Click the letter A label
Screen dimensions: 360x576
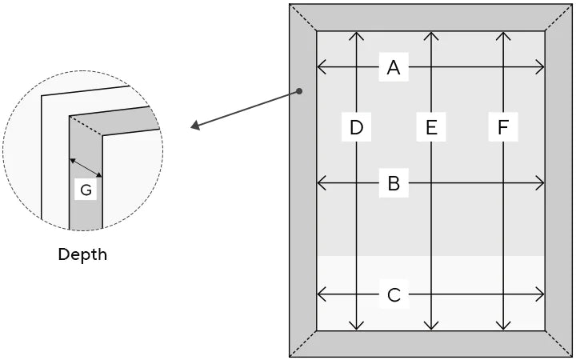click(393, 68)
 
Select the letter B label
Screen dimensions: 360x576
click(393, 184)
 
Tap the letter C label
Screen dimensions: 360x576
click(393, 295)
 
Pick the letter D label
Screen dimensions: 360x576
click(357, 127)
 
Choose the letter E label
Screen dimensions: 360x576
click(431, 127)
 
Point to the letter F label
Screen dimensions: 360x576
click(502, 127)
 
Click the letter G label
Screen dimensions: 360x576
click(86, 190)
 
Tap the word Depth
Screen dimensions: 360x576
click(82, 255)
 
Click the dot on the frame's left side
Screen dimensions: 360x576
click(299, 91)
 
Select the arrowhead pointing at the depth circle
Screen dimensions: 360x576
click(195, 126)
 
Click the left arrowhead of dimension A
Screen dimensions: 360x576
click(321, 68)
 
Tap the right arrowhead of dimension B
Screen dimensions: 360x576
click(541, 184)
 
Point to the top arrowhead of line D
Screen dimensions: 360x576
click(357, 35)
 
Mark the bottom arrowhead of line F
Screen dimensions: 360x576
click(502, 326)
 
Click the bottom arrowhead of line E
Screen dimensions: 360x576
click(431, 326)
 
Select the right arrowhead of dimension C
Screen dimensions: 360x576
click(541, 295)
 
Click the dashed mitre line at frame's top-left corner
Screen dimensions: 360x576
click(303, 18)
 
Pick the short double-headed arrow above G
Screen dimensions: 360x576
click(86, 167)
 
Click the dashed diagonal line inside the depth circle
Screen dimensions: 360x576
click(86, 127)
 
